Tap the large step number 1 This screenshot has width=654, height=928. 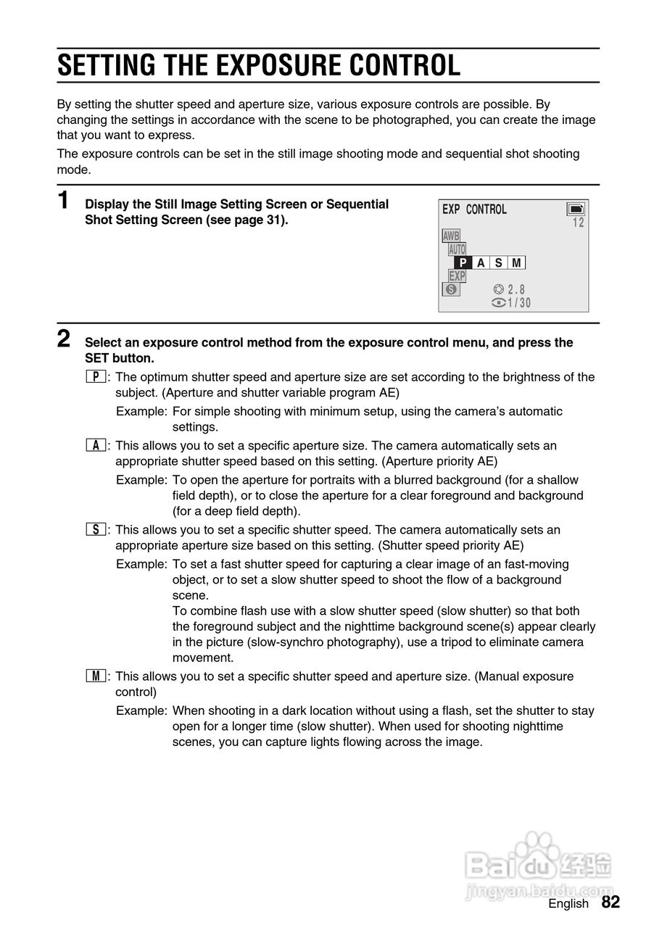coord(64,201)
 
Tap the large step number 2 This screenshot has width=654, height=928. coord(64,339)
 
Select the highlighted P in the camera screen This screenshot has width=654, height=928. coord(463,263)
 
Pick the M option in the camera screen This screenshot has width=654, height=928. coord(516,263)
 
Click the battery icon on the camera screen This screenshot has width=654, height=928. coord(576,210)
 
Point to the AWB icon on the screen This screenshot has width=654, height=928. coord(451,236)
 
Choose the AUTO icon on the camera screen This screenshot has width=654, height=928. coord(457,249)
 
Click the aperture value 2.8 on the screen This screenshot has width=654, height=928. coord(516,290)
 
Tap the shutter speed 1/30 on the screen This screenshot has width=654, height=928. coord(519,303)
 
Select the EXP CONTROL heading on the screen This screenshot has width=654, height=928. coord(474,210)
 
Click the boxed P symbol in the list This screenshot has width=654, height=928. coord(96,377)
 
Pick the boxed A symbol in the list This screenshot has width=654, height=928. coord(96,445)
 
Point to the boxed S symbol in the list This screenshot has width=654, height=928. coord(96,530)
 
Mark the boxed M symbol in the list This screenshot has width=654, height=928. coord(96,676)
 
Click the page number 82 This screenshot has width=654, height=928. coord(610,902)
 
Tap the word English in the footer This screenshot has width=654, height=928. coord(568,903)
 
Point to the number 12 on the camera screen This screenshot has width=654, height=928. coord(578,223)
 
